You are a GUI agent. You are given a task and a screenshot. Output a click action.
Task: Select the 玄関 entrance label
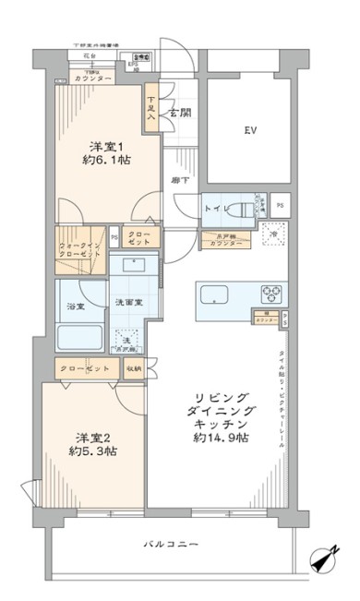pos(177,114)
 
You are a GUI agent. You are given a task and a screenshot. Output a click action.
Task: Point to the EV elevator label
pos(249,130)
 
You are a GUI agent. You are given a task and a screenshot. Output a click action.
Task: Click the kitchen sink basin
pos(215,296)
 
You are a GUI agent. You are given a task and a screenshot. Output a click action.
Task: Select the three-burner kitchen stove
pos(272,294)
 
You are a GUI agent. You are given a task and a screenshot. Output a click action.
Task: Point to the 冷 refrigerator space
pos(273,234)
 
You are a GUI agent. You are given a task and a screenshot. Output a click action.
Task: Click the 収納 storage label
pos(134,369)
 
